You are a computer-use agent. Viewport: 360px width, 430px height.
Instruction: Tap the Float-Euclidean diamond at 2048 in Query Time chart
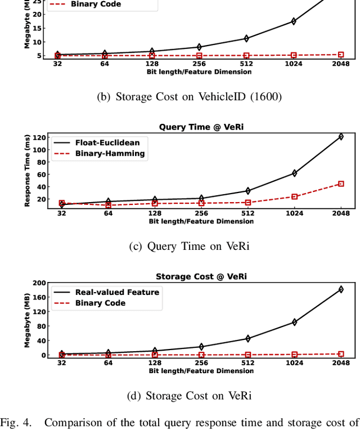pos(341,136)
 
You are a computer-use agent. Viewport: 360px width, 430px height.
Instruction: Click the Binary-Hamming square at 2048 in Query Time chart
pos(341,183)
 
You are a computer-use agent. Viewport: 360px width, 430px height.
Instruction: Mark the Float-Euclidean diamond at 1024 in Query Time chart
pos(294,173)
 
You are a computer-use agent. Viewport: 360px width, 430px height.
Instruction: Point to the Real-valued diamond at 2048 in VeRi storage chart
pos(341,289)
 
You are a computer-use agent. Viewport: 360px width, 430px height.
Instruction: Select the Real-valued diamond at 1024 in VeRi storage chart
pos(294,322)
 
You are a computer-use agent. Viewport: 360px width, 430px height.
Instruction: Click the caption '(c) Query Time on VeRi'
pos(189,245)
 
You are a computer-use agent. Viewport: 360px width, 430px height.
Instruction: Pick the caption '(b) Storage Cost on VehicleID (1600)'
pos(189,96)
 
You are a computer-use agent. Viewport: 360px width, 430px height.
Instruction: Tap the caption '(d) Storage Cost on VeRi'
pos(190,395)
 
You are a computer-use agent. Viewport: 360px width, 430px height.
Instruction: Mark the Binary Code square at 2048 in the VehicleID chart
pos(341,55)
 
